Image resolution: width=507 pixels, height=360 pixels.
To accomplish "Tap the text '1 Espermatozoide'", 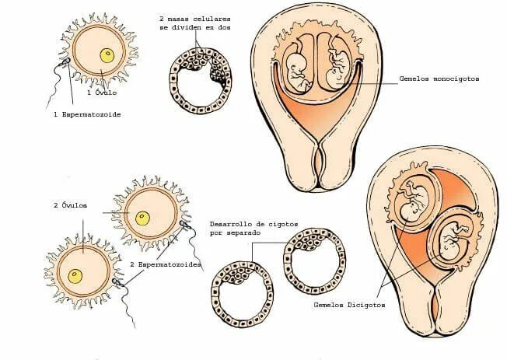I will [x=88, y=114].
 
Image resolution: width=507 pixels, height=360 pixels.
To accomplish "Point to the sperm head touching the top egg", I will [x=68, y=61].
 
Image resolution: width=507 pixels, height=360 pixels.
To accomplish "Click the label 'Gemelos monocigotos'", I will [x=439, y=79].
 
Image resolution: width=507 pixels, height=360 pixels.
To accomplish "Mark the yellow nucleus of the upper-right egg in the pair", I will [x=142, y=218].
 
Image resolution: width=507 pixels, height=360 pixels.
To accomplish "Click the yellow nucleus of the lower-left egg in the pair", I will [x=75, y=276].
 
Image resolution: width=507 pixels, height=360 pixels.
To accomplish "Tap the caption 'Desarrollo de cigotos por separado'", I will [x=242, y=228].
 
